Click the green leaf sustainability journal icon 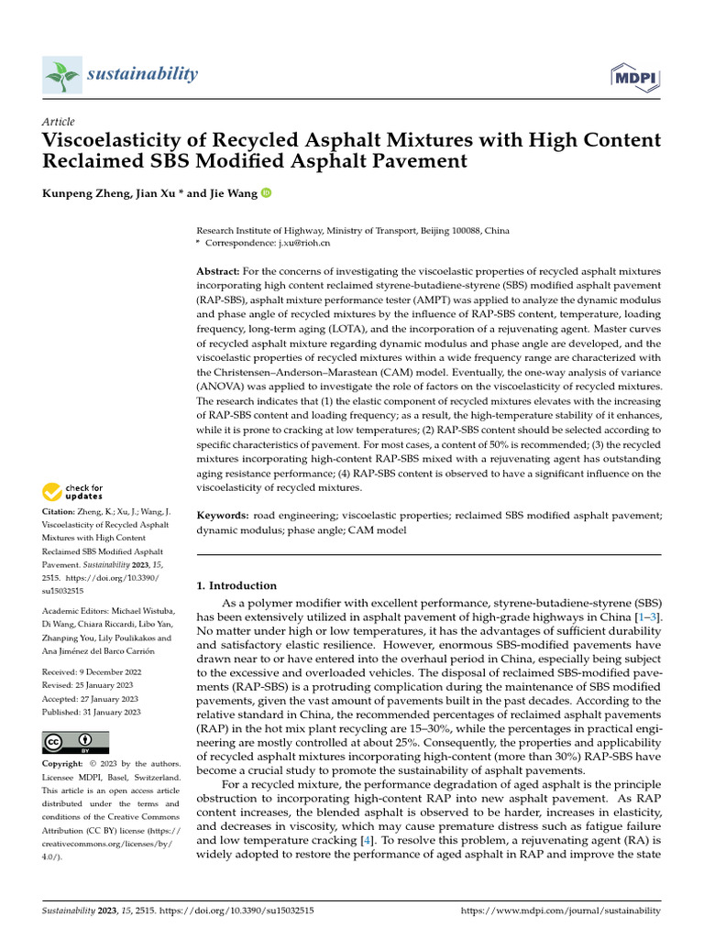coord(61,74)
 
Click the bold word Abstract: coord(217,272)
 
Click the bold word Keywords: coord(223,516)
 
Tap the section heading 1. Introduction coord(236,585)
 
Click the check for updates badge coord(73,491)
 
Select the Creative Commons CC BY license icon coord(75,742)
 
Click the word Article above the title coord(59,122)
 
